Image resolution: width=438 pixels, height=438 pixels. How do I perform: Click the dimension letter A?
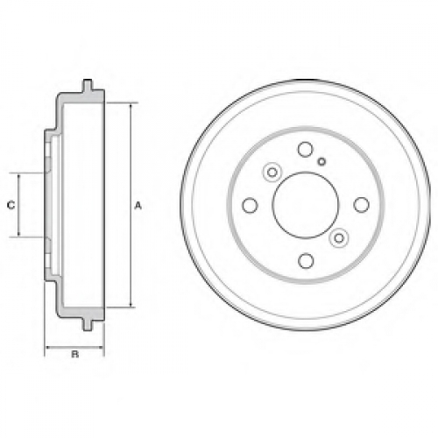click(x=138, y=206)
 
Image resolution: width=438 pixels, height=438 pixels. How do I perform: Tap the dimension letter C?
click(x=11, y=205)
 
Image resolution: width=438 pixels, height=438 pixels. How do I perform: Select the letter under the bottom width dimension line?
click(x=75, y=355)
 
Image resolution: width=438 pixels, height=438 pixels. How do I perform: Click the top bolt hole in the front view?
click(x=306, y=149)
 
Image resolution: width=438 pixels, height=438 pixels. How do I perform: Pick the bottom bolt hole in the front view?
click(x=306, y=261)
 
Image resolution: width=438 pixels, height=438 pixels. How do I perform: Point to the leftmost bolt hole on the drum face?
click(x=250, y=205)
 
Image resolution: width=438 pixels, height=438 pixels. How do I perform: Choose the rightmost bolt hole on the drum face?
click(x=362, y=205)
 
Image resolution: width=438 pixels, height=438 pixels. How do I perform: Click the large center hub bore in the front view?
click(x=306, y=205)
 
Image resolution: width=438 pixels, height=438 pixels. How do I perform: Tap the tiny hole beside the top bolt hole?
click(x=321, y=161)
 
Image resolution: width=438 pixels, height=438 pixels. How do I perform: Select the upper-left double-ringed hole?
click(x=272, y=173)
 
